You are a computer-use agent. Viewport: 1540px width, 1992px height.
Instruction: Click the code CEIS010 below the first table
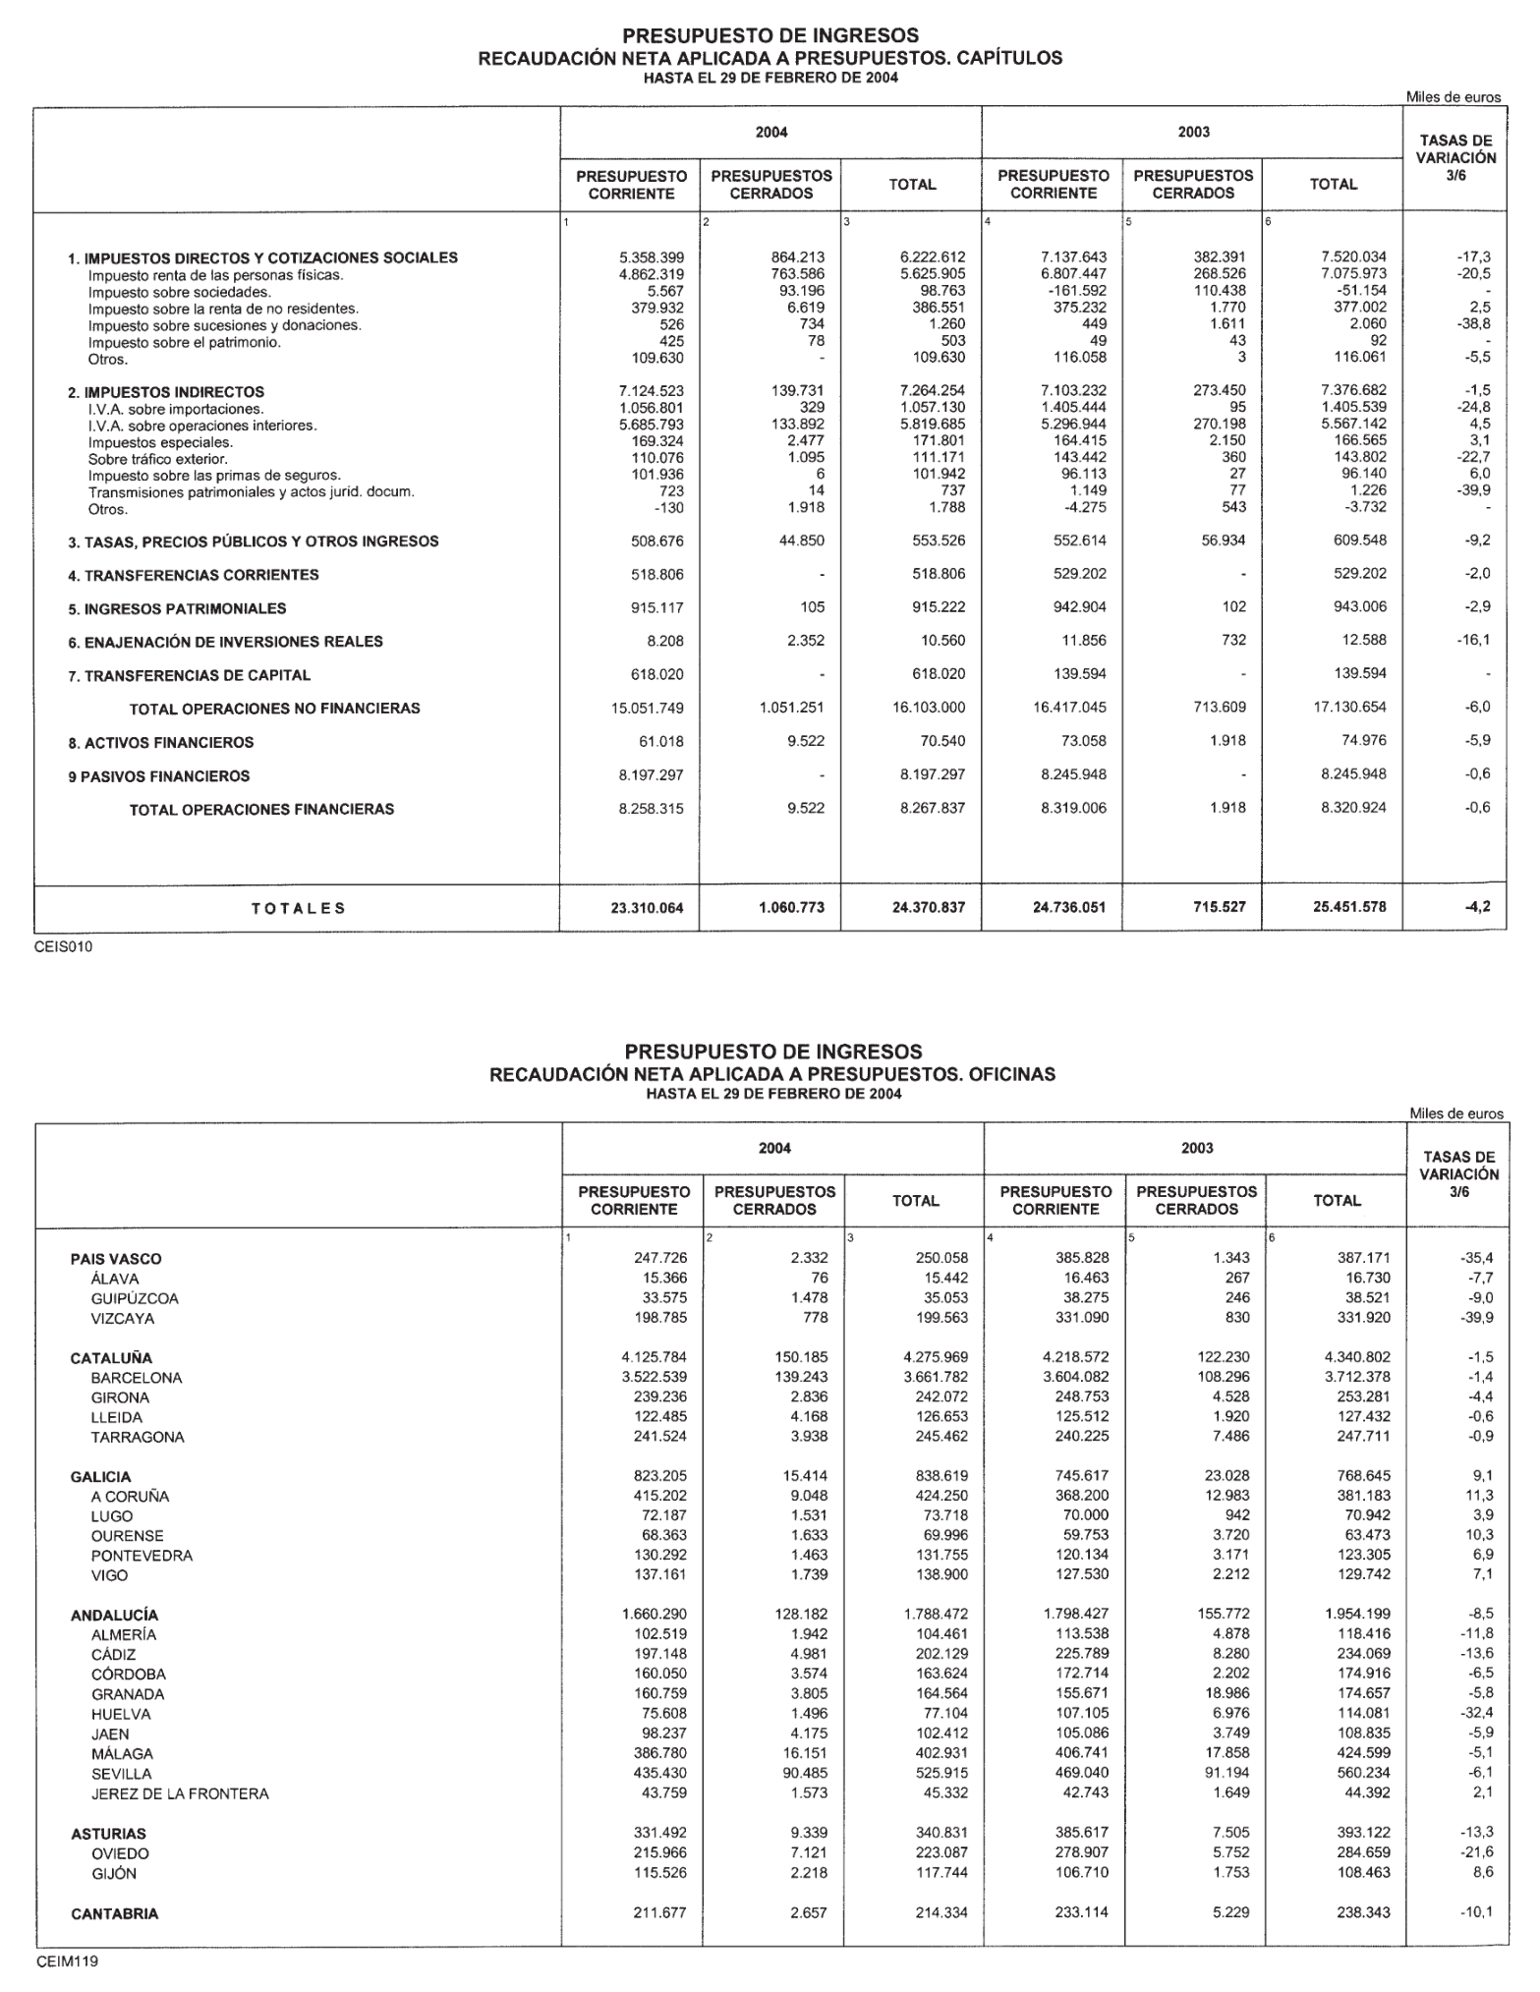coord(63,947)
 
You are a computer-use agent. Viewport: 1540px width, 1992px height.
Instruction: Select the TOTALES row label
coord(298,908)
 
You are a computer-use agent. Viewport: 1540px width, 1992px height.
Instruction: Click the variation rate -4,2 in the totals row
coord(1477,907)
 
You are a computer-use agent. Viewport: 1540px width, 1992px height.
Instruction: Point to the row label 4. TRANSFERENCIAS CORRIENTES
coord(194,575)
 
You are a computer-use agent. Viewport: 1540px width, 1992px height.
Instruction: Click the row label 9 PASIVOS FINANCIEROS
coord(159,775)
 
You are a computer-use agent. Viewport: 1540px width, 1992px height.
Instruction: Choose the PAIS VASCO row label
coord(116,1259)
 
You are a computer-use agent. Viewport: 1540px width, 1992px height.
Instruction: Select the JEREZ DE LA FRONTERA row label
coord(180,1793)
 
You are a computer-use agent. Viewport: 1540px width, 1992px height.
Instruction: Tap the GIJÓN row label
coord(114,1873)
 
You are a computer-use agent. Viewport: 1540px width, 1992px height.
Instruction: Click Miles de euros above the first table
coord(1454,97)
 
